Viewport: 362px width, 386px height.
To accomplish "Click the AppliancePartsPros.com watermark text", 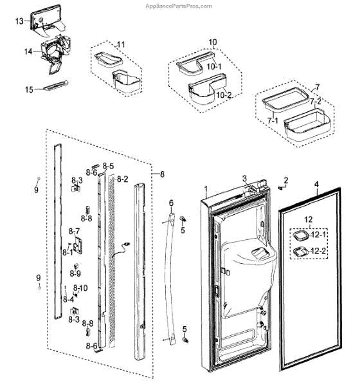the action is (x=179, y=6).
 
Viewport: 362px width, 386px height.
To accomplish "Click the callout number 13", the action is (x=19, y=21).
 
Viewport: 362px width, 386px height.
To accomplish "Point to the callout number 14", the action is (x=28, y=51).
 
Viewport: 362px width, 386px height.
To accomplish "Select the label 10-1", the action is (x=213, y=66).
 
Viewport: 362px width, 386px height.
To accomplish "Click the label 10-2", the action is (x=224, y=95).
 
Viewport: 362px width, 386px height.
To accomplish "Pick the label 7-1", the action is (x=273, y=120).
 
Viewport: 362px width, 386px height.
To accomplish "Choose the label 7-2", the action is (x=315, y=101).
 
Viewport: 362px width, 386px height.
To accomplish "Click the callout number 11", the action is (x=121, y=44).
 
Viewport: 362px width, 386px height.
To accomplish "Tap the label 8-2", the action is (x=123, y=179).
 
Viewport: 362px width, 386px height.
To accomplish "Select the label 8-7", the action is (x=74, y=231).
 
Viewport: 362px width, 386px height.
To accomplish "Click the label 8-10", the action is (x=80, y=288).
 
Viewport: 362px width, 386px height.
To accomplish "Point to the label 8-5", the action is (x=108, y=166).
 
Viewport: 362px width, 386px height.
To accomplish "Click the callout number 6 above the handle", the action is (x=171, y=203).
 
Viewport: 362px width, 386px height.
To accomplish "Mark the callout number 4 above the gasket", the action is (x=316, y=184).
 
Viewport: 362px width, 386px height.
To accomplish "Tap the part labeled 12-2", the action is (x=301, y=252).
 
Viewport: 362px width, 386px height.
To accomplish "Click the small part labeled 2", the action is (x=280, y=188).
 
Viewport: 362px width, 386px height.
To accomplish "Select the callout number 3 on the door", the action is (x=244, y=178).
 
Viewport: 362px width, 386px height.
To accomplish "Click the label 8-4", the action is (x=68, y=299).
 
